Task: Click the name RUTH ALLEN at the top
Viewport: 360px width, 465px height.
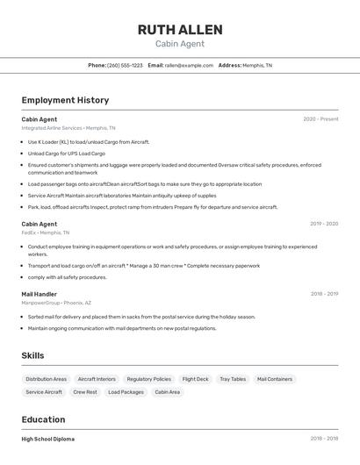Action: [180, 30]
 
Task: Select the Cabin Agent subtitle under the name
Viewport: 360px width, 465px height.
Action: [180, 44]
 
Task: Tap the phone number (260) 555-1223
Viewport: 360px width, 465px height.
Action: [125, 65]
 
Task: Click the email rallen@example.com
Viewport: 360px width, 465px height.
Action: [189, 65]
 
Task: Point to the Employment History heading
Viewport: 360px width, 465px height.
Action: [65, 100]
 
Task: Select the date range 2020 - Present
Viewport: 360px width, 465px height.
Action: [320, 119]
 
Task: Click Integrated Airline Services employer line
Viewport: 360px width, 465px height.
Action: [68, 128]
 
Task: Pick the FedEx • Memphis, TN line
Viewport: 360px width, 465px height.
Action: [47, 232]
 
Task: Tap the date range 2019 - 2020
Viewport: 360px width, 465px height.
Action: [324, 224]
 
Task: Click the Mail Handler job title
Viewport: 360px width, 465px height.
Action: [40, 294]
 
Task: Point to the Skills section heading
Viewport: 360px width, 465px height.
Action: [32, 355]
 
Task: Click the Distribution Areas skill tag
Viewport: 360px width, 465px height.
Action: [47, 379]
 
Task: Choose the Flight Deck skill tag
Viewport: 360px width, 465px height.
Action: [195, 379]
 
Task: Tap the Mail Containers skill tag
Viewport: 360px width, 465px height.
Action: [275, 379]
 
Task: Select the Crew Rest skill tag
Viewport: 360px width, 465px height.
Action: [85, 392]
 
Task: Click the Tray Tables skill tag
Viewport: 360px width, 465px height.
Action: [233, 379]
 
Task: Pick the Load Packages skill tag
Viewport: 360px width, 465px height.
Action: [126, 392]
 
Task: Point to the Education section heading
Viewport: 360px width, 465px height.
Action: [43, 419]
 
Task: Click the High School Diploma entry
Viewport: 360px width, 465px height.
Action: [48, 439]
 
